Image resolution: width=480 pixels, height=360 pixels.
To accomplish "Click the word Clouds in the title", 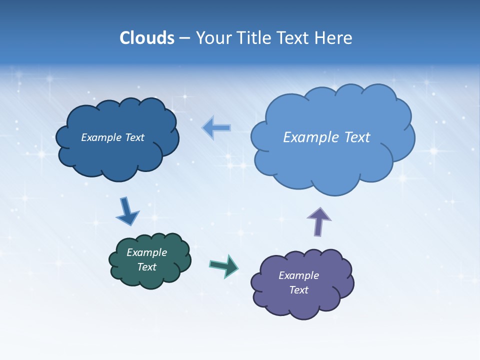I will tap(147, 38).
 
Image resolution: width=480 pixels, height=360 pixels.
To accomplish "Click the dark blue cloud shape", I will tap(117, 155).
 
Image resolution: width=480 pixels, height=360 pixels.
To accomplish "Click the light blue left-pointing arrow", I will tap(216, 128).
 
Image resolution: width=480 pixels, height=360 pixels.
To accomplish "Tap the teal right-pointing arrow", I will tap(224, 265).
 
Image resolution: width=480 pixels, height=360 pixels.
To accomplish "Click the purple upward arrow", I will tap(318, 220).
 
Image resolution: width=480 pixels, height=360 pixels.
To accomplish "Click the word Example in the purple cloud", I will tap(298, 275).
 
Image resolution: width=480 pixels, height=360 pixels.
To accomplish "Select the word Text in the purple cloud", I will tap(298, 290).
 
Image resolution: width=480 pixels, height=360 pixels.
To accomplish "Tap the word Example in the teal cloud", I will tap(146, 252).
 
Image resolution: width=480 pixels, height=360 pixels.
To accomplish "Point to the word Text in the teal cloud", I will tap(146, 267).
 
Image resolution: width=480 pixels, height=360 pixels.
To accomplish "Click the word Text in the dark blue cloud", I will tap(134, 137).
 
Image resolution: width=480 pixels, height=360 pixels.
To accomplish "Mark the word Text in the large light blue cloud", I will tap(357, 137).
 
